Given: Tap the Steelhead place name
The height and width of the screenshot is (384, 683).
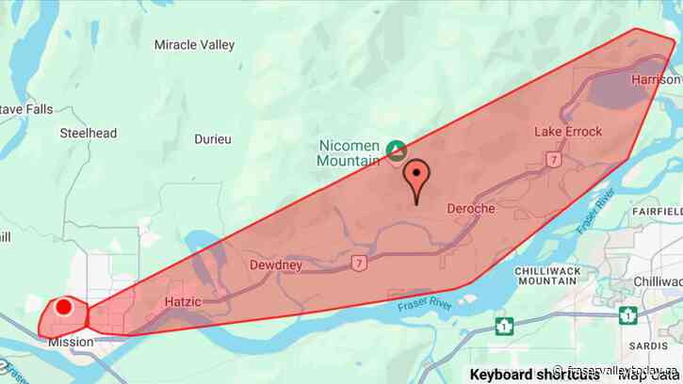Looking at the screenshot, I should tap(89, 134).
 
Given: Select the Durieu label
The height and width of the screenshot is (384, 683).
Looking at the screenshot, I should tap(213, 138).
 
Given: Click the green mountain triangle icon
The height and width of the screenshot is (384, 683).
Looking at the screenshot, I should tap(397, 151).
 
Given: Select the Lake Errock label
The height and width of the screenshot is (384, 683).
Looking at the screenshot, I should tap(568, 131).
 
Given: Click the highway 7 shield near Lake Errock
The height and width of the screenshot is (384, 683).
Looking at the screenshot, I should tap(554, 160).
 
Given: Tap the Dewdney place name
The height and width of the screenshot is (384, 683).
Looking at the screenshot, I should tap(275, 265).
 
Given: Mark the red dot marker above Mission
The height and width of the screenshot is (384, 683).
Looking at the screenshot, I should tap(64, 307).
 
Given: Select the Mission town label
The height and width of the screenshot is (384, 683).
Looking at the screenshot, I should tap(71, 342).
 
